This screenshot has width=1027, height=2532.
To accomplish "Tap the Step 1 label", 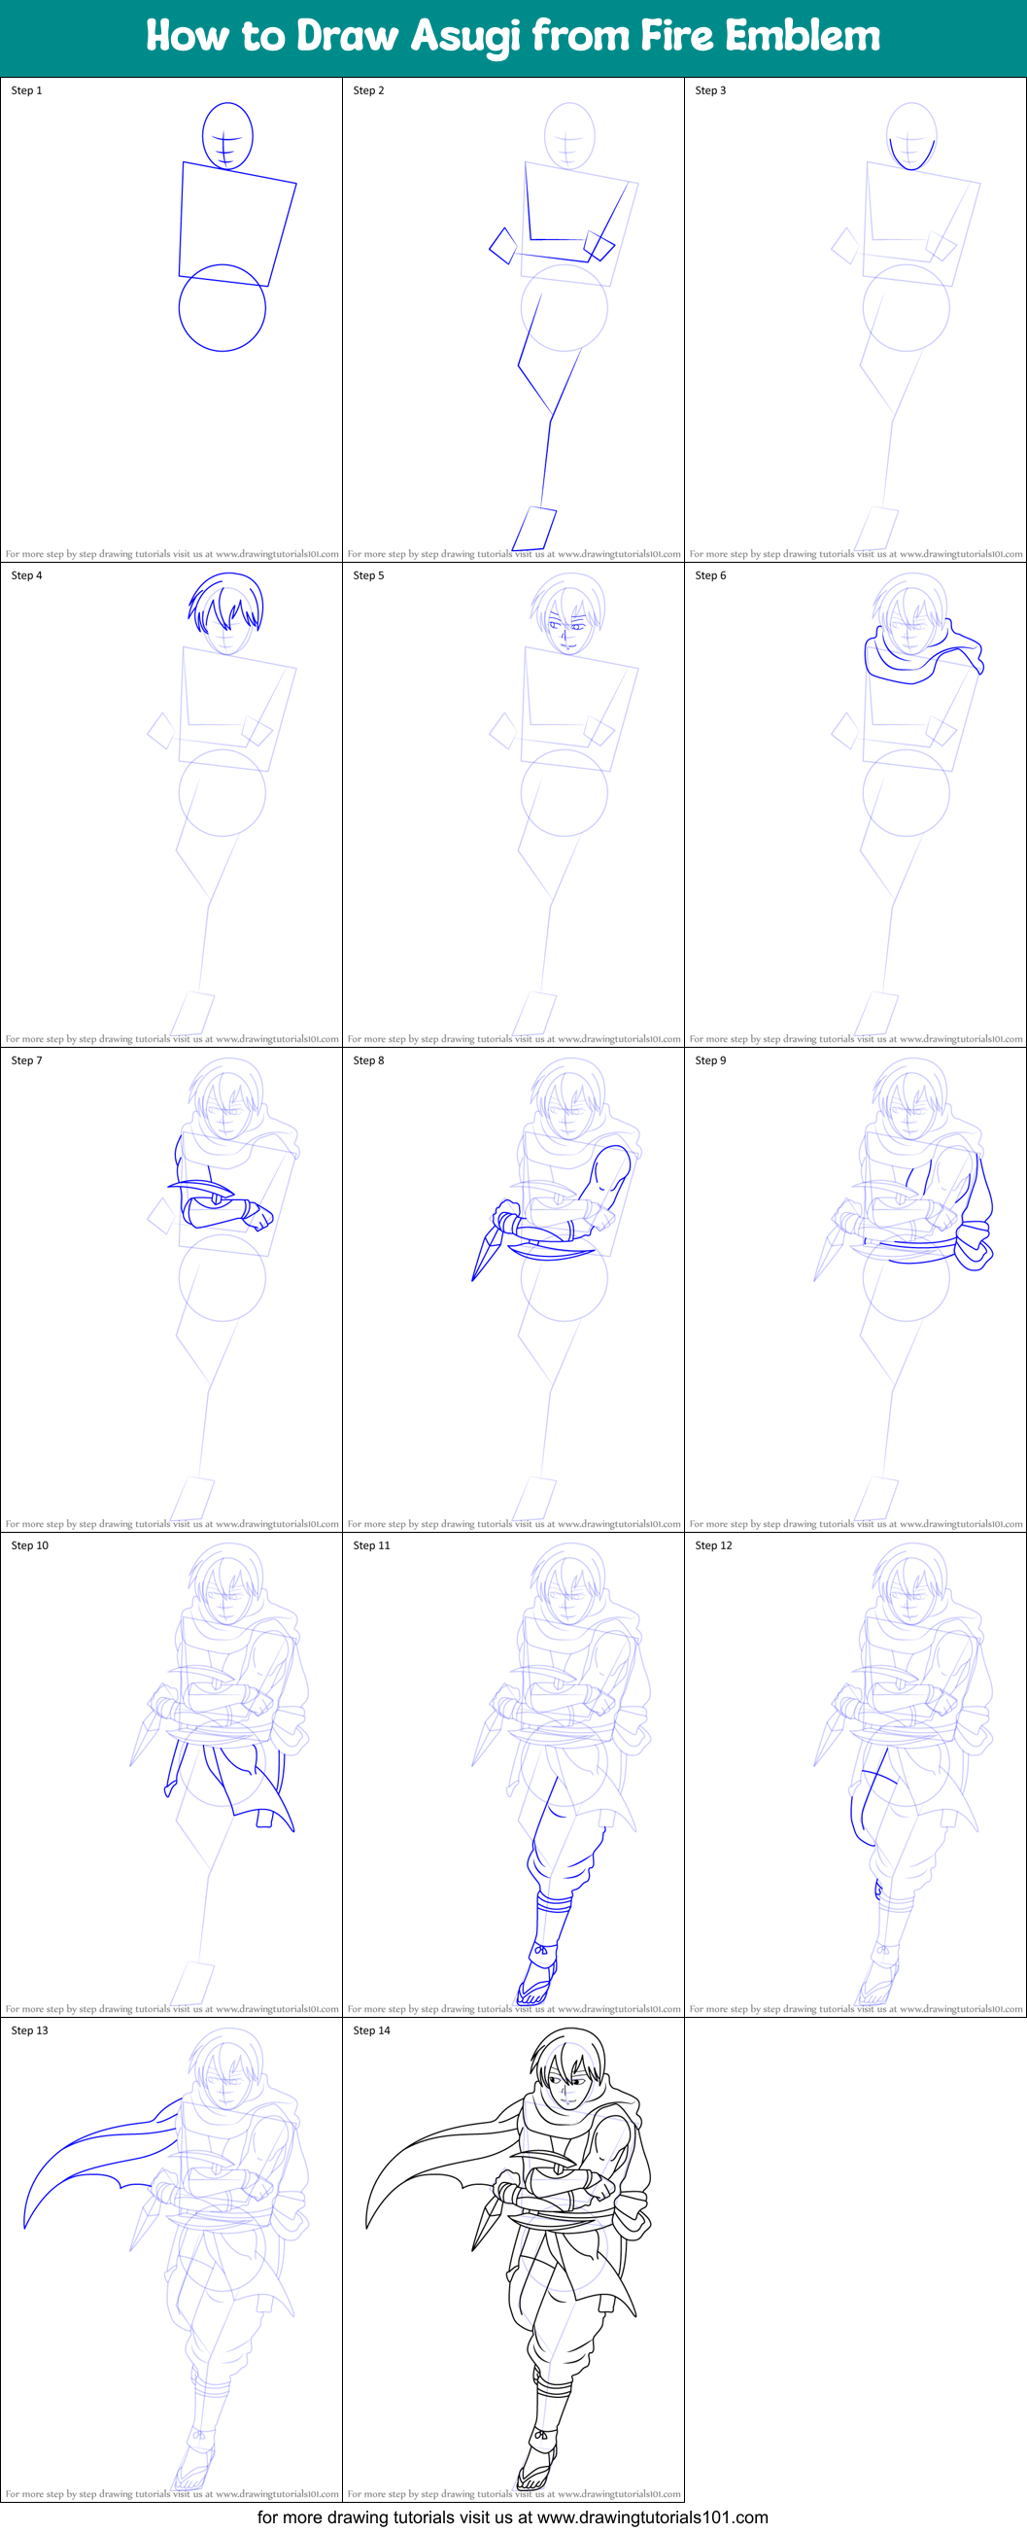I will coord(26,90).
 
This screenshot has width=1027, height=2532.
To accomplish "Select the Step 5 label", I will coord(368,576).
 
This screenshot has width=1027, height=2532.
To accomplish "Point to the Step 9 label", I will coord(710,1060).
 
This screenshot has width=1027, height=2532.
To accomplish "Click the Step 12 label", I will coord(713,1545).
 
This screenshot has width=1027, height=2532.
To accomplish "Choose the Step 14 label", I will coord(371,2030).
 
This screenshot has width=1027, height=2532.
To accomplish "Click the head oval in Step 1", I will coord(227,136).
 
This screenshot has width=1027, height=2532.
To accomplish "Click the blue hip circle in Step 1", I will coord(223,308).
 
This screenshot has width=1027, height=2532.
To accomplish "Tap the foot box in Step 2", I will coord(534,529).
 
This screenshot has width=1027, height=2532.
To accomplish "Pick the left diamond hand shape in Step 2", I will coord(503,246).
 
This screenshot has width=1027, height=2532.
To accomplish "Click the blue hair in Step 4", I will coord(226,598).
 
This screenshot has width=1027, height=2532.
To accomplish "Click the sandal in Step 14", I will coord(535,2472).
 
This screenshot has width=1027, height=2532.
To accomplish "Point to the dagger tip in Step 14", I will coord(475,2249).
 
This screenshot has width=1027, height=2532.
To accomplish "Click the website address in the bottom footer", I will coord(653,2517).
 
